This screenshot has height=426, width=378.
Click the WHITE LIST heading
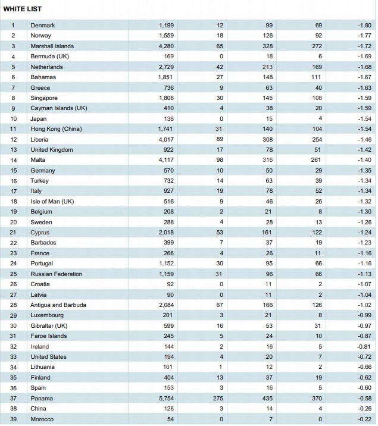pos(22,9)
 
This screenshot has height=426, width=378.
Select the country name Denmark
pos(43,25)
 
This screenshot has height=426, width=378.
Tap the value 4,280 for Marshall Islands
pos(166,46)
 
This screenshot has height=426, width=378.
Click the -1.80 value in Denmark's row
pos(364,25)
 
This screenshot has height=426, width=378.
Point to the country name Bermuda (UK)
pos(50,57)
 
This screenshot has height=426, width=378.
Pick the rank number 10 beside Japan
pos(13,119)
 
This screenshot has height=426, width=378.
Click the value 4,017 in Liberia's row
pos(166,139)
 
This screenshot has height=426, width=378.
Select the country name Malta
pos(38,159)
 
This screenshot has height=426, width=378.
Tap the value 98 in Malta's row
pos(220,159)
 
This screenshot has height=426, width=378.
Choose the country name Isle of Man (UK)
pos(52,201)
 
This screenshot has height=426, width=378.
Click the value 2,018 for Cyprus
pos(166,232)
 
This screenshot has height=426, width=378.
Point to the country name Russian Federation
pos(56,274)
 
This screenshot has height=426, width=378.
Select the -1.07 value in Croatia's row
pos(364,284)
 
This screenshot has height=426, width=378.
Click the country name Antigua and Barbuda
pos(58,305)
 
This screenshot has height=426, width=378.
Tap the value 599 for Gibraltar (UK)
pos(168,326)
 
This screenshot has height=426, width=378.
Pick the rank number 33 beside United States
pos(13,357)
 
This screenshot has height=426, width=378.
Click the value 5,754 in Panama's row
pos(166,398)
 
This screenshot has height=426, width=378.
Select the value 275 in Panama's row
pos(218,398)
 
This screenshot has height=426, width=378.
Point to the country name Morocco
pos(42,419)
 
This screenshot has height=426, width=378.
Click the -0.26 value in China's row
pos(364,409)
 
